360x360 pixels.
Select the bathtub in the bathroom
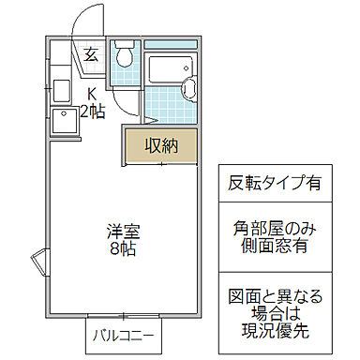(x=169, y=69)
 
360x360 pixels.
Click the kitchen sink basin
(x=64, y=91)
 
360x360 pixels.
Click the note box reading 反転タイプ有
(x=275, y=181)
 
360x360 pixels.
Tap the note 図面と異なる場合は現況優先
(x=275, y=313)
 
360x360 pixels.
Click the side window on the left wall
(x=39, y=262)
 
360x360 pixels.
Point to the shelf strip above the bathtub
(x=171, y=44)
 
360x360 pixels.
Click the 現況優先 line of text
(x=275, y=331)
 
